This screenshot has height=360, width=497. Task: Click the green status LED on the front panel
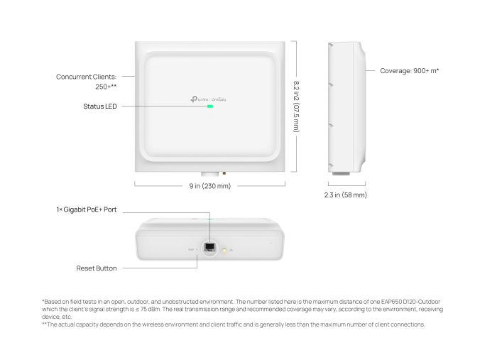click(210, 107)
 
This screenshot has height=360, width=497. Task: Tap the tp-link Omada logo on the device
click(210, 99)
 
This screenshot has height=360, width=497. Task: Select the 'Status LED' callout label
click(99, 107)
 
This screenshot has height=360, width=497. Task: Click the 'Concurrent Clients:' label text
click(87, 76)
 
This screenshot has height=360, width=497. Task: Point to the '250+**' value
click(106, 87)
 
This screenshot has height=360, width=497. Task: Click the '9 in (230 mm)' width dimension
click(209, 185)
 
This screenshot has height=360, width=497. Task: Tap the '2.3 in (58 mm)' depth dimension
click(345, 194)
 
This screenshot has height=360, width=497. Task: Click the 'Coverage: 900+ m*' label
click(409, 71)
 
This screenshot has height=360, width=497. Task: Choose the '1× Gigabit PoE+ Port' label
click(86, 210)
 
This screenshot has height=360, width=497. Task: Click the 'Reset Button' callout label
click(97, 268)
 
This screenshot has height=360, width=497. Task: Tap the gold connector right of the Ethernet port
click(225, 250)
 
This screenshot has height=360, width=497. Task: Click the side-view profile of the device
click(346, 107)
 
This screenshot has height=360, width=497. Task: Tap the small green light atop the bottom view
click(210, 220)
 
